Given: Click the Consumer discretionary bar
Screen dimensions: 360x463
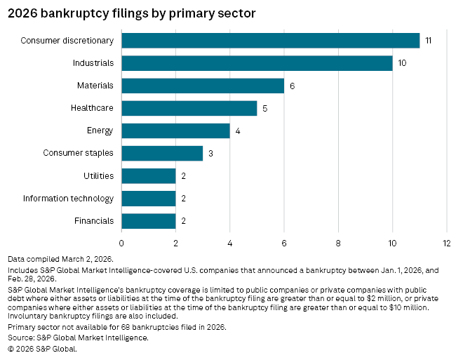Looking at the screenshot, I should click(270, 41).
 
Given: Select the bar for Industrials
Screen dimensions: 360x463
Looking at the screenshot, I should click(257, 63).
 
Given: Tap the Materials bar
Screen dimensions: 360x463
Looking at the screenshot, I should click(203, 86).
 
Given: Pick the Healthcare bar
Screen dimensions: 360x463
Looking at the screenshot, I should click(189, 108).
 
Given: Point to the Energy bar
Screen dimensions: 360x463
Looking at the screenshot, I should click(175, 131).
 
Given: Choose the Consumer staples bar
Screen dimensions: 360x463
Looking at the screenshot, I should click(162, 153).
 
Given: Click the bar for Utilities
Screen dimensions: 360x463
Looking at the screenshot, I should click(149, 175).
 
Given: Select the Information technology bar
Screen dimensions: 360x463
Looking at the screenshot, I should click(149, 198).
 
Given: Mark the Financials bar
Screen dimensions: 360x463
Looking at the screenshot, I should click(149, 220).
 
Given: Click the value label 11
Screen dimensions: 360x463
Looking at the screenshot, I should click(428, 41).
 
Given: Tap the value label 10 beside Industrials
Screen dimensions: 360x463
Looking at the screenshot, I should click(403, 63).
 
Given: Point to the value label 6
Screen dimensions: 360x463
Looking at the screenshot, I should click(292, 86).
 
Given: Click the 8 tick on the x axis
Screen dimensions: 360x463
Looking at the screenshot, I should click(338, 243).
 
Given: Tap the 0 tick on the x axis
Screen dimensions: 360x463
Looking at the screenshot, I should click(121, 243).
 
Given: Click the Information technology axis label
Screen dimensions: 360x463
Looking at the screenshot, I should click(68, 198).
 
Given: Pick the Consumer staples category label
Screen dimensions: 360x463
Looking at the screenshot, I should click(78, 153).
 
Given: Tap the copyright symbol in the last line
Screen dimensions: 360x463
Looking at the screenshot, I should click(11, 348).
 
